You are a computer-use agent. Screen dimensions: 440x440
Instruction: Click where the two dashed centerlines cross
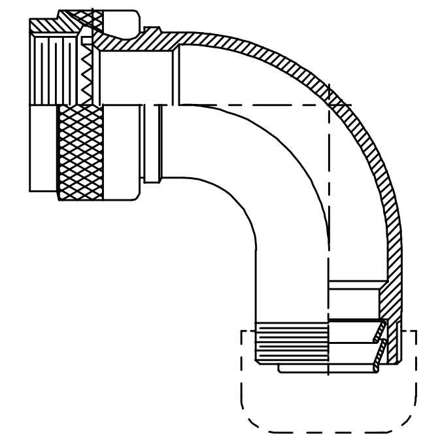(329, 105)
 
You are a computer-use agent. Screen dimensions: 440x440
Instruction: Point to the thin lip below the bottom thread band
(301, 369)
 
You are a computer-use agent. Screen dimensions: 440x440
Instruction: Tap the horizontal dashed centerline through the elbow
(262, 105)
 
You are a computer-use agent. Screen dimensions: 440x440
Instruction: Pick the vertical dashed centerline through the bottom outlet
(329, 262)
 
